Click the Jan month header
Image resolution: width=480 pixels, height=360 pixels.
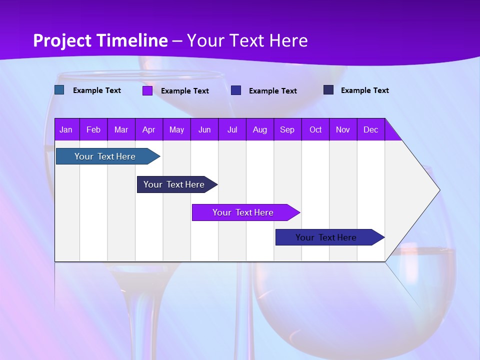click(66, 129)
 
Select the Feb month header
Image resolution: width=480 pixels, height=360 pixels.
click(93, 129)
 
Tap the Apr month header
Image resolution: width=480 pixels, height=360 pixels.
click(148, 129)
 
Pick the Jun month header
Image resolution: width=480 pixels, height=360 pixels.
click(204, 129)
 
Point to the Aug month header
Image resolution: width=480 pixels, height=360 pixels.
click(259, 129)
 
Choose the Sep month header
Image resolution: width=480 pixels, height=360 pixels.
click(287, 129)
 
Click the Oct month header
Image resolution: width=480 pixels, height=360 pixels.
click(315, 129)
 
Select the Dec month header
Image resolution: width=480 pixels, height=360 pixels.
click(370, 129)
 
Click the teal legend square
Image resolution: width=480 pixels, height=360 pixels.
click(59, 90)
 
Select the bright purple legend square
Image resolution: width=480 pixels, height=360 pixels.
click(147, 90)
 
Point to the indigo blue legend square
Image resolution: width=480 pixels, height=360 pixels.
click(236, 90)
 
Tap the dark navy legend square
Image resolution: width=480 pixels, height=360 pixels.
click(328, 90)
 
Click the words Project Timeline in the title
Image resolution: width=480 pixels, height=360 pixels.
click(100, 40)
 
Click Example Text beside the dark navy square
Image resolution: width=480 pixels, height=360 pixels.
click(364, 90)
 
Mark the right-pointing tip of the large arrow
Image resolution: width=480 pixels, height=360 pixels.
click(438, 189)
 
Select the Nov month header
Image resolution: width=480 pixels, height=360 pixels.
click(342, 129)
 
